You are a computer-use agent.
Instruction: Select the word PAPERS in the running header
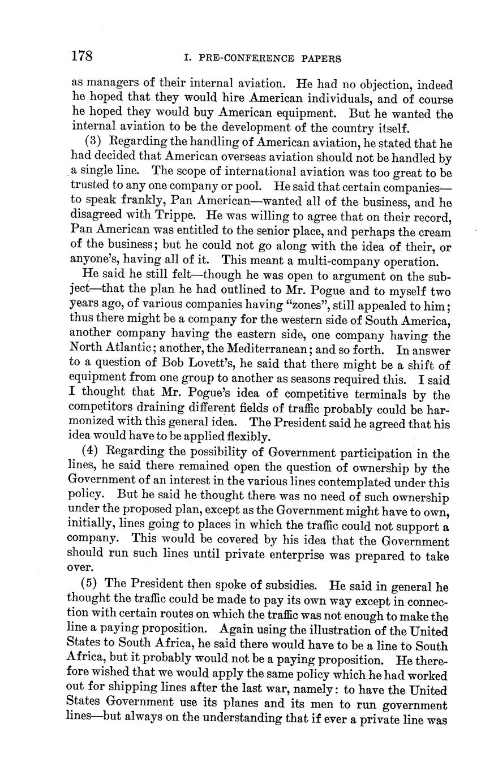click(321, 58)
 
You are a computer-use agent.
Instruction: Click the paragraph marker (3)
click(93, 141)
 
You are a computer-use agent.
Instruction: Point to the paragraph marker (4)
click(93, 453)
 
